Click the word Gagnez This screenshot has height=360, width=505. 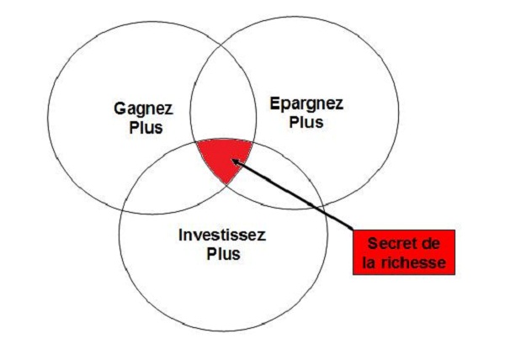144,109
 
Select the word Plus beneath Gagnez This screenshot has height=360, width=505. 146,127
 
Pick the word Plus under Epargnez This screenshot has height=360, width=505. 306,122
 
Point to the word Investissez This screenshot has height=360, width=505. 222,235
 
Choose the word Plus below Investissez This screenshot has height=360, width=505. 223,254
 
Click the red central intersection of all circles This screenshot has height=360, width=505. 224,157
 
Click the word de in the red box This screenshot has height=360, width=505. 431,244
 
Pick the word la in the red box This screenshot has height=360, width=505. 369,262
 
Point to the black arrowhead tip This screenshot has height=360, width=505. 232,160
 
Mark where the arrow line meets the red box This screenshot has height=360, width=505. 353,230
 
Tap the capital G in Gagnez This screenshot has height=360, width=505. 120,109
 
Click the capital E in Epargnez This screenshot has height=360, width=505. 275,103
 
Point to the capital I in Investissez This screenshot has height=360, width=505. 181,235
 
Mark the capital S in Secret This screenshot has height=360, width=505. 373,244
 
